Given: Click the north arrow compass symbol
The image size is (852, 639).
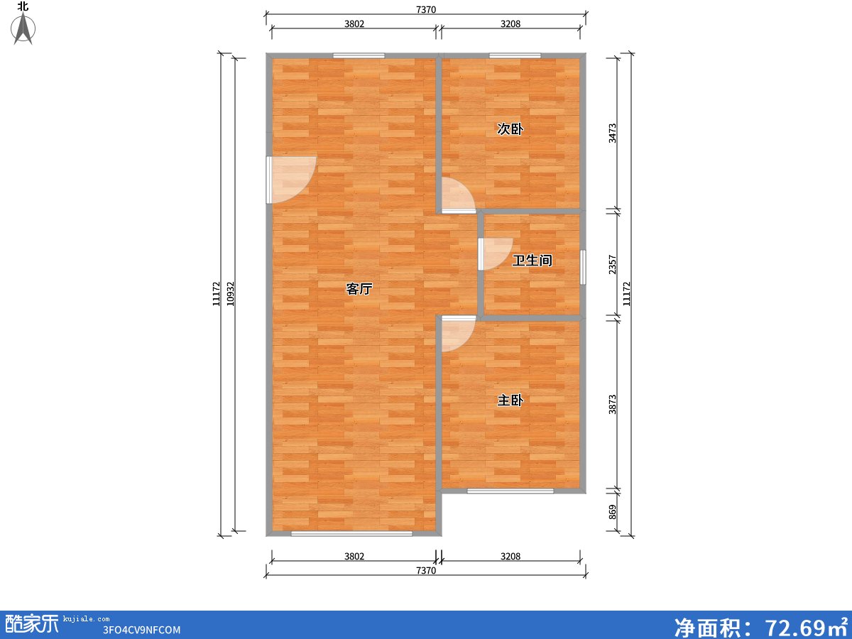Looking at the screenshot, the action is point(23,28).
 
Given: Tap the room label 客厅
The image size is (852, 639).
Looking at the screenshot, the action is point(359,289).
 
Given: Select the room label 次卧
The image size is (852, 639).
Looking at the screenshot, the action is point(510,129).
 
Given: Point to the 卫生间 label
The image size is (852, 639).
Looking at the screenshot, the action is point(532,261).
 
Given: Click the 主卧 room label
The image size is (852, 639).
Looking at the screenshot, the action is point(510,400).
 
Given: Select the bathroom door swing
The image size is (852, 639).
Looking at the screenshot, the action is point(495,253).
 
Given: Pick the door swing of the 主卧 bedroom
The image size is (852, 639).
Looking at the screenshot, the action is point(459,334).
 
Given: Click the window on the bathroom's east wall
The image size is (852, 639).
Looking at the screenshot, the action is point(583,268).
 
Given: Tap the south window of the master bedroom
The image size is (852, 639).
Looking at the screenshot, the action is point(510,491).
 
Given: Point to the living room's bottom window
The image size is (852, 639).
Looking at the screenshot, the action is point(351,533).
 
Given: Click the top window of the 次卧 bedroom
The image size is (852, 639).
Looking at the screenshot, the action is point(515,55).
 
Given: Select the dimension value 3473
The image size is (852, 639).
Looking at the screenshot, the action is point(612,133).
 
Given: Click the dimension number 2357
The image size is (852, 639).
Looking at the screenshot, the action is point(612,265).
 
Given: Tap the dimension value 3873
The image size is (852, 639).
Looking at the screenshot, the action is point(612,404).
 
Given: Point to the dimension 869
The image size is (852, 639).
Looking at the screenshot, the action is point(612,512).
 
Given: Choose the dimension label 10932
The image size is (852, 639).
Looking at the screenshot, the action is point(230,294).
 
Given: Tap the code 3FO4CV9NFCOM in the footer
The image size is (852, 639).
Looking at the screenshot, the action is point(141,630).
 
